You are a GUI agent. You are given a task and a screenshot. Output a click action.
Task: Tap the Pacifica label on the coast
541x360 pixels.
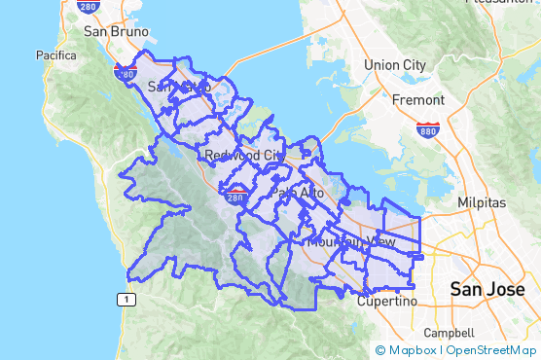click(56, 55)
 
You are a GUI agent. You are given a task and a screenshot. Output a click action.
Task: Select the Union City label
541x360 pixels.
click(394, 65)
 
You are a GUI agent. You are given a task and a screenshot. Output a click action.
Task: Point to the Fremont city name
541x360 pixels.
click(417, 100)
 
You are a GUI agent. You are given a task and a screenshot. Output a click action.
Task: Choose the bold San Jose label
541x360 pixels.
click(487, 289)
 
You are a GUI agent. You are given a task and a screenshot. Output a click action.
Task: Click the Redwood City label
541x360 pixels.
click(243, 156)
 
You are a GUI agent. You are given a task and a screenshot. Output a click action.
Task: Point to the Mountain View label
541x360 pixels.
click(351, 240)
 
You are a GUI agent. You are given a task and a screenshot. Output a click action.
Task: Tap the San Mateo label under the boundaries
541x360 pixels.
click(179, 88)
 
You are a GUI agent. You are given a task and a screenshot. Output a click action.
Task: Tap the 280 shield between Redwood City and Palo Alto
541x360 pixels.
click(234, 198)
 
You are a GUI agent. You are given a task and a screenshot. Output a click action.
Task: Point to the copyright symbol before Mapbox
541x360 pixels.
click(380, 350)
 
